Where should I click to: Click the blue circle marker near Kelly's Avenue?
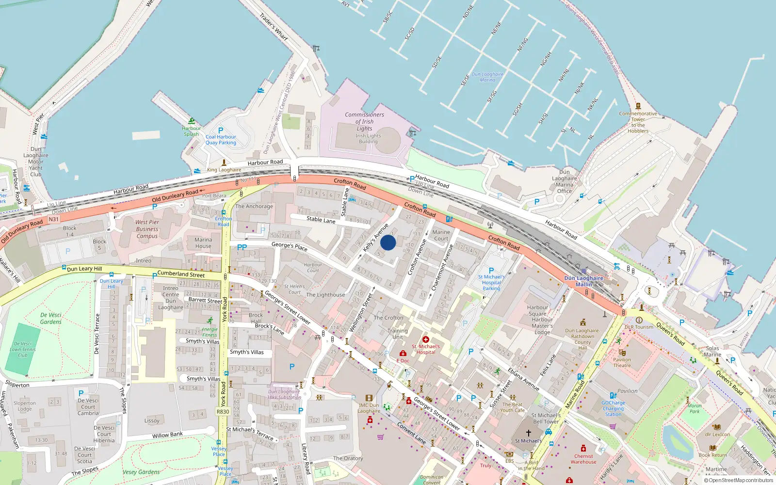coord(388,242)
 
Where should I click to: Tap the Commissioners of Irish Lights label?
coord(364,121)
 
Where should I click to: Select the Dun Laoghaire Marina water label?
coord(487,77)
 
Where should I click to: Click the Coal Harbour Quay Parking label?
coord(221,140)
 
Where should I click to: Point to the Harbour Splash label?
coord(191,131)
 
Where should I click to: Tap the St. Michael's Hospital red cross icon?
coord(426,339)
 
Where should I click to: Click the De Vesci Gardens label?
coord(51,318)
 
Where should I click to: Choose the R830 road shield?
coord(223,411)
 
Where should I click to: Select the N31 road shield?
coord(53,219)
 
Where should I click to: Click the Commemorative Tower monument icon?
coord(638,106)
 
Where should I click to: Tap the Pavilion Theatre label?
coord(622,362)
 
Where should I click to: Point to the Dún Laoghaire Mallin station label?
coord(584,281)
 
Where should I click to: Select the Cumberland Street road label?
coord(181,274)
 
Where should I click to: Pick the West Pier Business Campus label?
coord(147,229)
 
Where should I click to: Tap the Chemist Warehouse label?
coord(583,459)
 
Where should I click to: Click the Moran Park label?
coord(695,408)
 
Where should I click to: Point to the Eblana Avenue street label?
coord(524,379)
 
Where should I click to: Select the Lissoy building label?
coord(152,420)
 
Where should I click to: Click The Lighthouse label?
coord(325,295)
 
